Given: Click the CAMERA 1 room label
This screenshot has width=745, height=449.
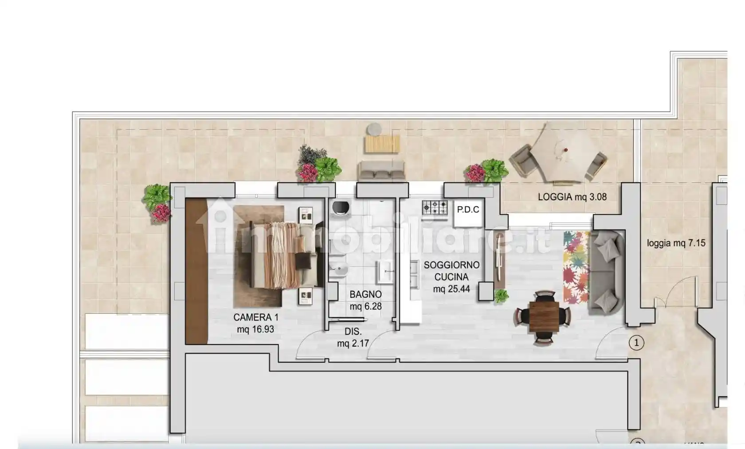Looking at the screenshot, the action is click(x=256, y=323).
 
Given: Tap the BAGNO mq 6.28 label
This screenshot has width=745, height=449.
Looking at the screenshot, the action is click(x=365, y=300).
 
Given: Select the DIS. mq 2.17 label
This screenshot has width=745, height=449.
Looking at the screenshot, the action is click(x=353, y=337).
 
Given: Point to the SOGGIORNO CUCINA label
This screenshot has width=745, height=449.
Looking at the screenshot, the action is click(x=451, y=271).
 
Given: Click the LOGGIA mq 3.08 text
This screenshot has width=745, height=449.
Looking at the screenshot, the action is click(x=572, y=197).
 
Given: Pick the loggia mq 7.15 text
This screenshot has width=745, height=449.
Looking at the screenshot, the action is click(x=676, y=243).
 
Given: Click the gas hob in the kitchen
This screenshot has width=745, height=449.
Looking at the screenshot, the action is click(x=435, y=208).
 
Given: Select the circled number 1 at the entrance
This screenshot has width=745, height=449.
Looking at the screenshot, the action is click(x=636, y=343).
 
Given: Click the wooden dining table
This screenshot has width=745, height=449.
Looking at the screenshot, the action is click(x=544, y=317).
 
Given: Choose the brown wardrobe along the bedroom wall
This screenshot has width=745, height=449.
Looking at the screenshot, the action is click(x=196, y=271).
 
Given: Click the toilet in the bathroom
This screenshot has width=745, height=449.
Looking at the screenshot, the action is click(x=340, y=209).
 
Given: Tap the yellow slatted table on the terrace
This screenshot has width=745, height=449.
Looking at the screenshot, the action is click(x=382, y=144).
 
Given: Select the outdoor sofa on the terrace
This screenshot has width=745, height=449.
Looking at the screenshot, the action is click(x=381, y=171).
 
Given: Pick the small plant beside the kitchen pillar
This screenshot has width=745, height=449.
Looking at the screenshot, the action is click(x=501, y=296).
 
